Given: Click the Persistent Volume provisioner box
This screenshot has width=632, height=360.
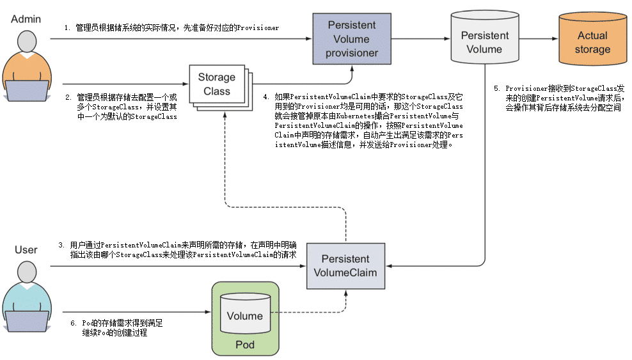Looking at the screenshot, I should click(352, 39).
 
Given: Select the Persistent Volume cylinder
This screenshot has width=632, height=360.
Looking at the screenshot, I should click(484, 42).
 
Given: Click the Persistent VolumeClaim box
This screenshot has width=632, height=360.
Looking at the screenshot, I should click(345, 265).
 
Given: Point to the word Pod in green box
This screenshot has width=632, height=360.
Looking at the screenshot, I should click(245, 345).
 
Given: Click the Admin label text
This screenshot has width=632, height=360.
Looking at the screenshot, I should click(26, 19).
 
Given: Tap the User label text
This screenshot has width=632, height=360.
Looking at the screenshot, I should click(26, 250).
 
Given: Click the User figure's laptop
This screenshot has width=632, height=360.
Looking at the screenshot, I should click(26, 320).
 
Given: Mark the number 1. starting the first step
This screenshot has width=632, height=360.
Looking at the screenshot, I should click(67, 28).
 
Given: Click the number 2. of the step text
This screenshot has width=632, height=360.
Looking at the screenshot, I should click(68, 98).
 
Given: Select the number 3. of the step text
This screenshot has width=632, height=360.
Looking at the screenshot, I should click(61, 245).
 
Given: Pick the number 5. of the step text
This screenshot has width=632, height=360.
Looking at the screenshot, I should click(496, 89).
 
